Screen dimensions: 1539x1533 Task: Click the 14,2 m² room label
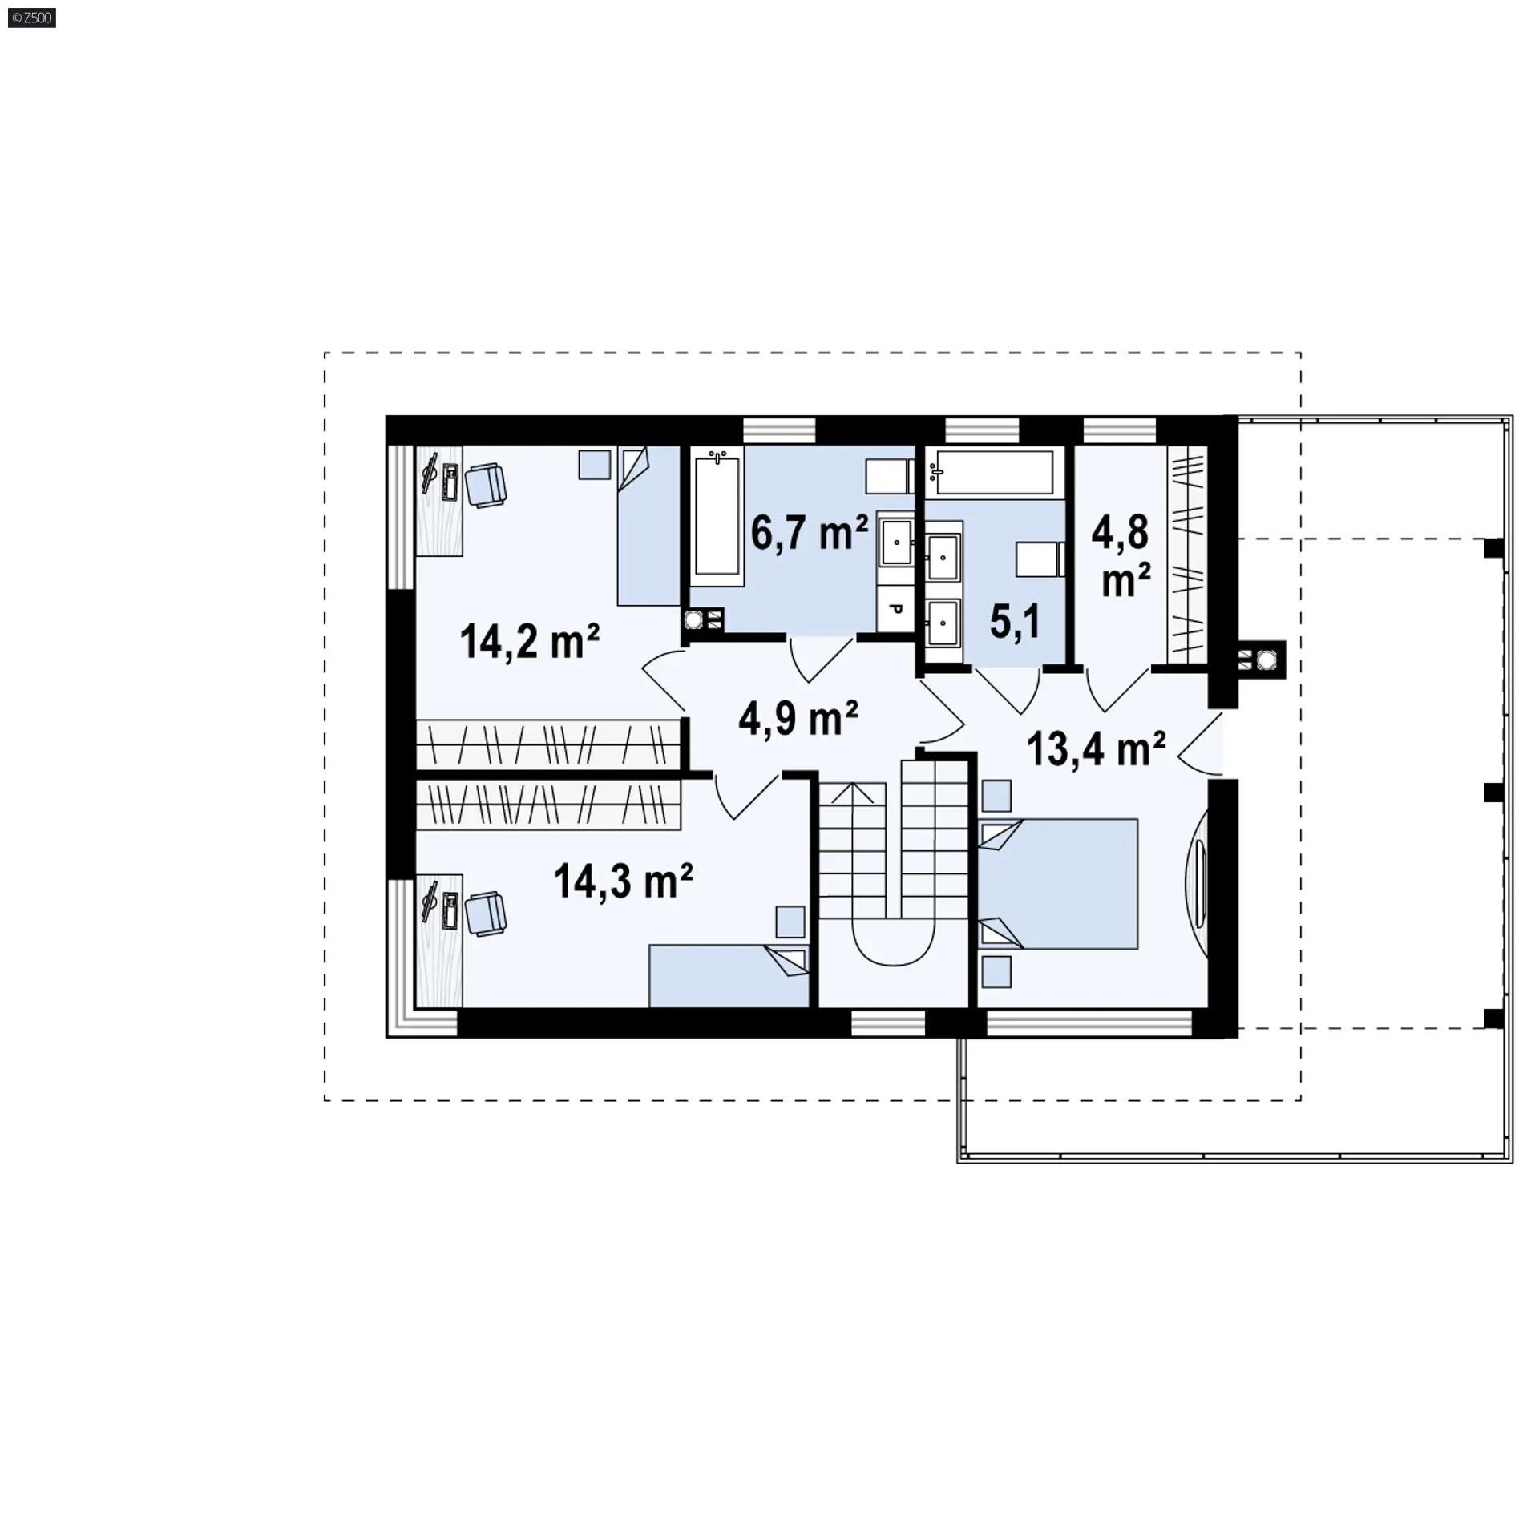click(530, 641)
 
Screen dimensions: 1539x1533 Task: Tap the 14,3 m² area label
click(623, 881)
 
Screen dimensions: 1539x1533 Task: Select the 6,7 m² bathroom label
click(810, 532)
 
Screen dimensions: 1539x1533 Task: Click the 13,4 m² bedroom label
click(1096, 749)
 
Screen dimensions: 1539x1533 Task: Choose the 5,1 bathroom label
click(1015, 622)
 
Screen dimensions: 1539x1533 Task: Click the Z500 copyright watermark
click(32, 17)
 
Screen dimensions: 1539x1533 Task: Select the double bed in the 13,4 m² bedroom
click(1058, 884)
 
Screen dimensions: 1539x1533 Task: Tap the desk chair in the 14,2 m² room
click(485, 485)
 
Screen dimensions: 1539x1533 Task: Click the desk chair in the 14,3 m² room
click(485, 914)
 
